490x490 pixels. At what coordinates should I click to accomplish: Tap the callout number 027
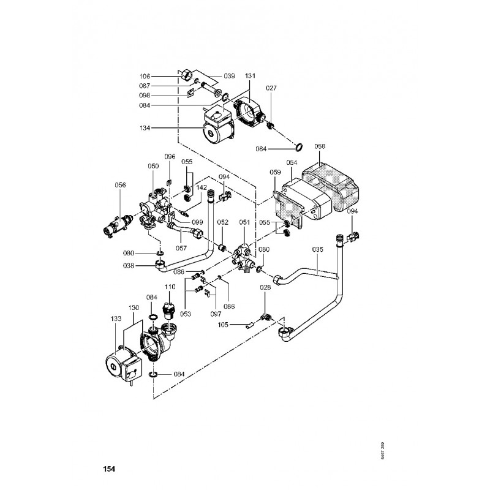pos(271,88)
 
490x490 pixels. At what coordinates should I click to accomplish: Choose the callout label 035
pos(317,249)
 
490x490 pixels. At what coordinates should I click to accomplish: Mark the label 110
pos(170,286)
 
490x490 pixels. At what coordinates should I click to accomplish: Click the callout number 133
pos(116,319)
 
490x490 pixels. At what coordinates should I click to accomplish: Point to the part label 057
pos(181,248)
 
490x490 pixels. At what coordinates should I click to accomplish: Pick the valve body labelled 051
pos(243,255)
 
